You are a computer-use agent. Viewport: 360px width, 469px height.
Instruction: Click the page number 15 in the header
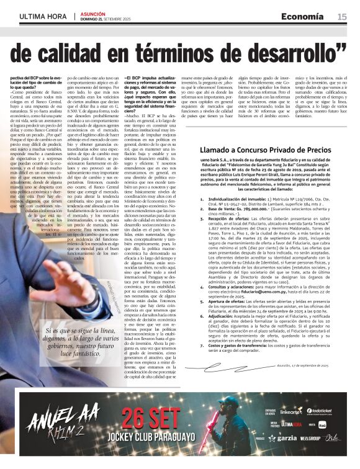click(342, 17)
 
